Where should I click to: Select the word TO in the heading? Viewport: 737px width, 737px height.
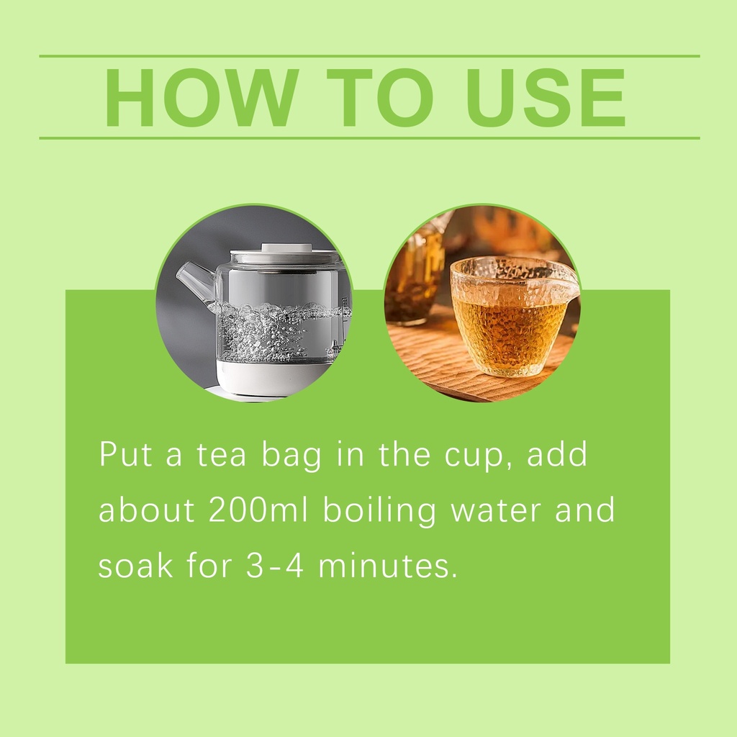click(x=380, y=98)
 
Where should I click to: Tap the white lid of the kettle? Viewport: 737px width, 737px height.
click(x=286, y=254)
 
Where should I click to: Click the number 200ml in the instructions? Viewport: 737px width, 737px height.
click(x=258, y=510)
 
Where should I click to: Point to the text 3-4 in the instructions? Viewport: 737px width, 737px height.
click(x=274, y=566)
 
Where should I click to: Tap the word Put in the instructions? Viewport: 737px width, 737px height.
click(x=125, y=454)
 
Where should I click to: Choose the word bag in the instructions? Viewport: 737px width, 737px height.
click(x=291, y=456)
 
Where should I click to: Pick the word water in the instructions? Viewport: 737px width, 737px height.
click(x=496, y=511)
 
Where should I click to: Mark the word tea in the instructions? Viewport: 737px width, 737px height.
click(x=222, y=455)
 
